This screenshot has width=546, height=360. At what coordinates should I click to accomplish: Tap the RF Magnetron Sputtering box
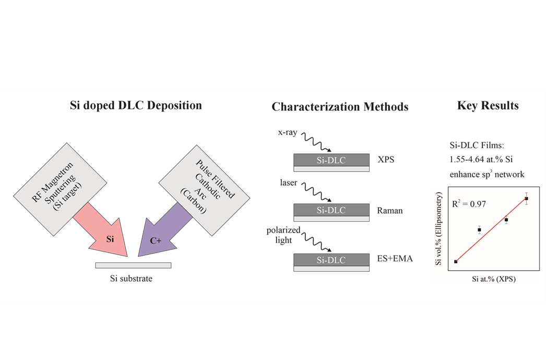tap(60, 189)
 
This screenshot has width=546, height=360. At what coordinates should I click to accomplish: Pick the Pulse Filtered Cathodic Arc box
tap(205, 190)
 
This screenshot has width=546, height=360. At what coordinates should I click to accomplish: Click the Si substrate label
tap(131, 279)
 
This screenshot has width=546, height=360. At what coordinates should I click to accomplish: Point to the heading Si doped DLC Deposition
tap(136, 105)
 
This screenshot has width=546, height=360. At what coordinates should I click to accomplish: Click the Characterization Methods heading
tap(340, 106)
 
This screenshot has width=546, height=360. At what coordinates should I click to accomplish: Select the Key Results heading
tap(488, 105)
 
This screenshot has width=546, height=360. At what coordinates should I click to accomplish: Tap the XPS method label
tap(386, 160)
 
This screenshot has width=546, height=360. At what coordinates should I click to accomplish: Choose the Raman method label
tap(390, 211)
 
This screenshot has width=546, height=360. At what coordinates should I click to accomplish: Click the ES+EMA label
tap(395, 259)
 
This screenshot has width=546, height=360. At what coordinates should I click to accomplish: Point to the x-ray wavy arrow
tap(316, 142)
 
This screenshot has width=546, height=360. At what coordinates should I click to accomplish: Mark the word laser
tap(289, 183)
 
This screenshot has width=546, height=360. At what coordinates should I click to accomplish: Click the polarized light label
tap(283, 235)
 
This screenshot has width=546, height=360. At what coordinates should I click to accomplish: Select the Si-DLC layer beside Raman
tap(331, 210)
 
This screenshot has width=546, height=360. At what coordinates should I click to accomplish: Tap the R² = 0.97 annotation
tap(469, 203)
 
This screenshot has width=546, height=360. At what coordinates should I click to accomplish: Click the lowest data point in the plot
tap(456, 261)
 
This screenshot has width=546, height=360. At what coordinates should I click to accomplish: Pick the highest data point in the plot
tap(527, 198)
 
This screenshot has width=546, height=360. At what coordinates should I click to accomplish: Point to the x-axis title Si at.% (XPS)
tap(494, 279)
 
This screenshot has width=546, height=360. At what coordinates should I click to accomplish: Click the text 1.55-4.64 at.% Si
tap(481, 160)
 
